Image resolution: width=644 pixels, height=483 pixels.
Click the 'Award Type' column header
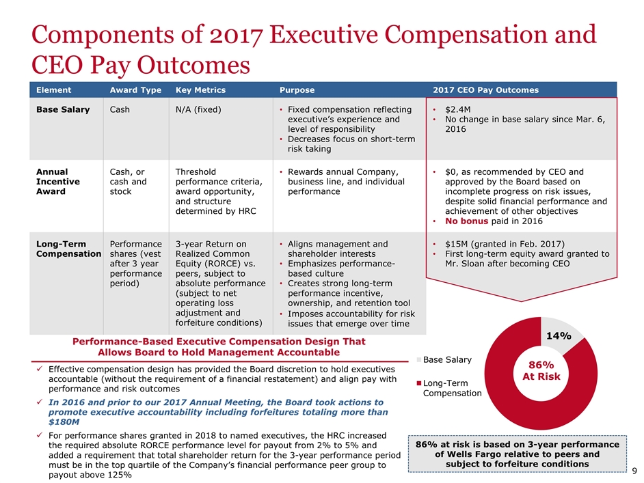click(x=135, y=90)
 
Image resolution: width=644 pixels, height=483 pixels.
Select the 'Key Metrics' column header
click(x=200, y=90)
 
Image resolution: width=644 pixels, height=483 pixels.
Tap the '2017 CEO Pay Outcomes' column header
click(x=485, y=90)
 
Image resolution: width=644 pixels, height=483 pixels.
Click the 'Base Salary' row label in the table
click(x=62, y=110)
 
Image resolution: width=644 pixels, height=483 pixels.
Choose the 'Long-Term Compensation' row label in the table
click(x=68, y=249)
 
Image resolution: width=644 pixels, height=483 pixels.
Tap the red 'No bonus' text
click(x=466, y=221)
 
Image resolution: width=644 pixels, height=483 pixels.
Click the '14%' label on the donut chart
click(x=558, y=335)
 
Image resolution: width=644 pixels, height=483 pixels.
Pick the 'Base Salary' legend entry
click(x=447, y=359)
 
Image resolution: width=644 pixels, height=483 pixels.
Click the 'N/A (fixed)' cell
click(x=200, y=110)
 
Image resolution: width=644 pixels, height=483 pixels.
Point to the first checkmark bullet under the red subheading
click(x=40, y=369)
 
